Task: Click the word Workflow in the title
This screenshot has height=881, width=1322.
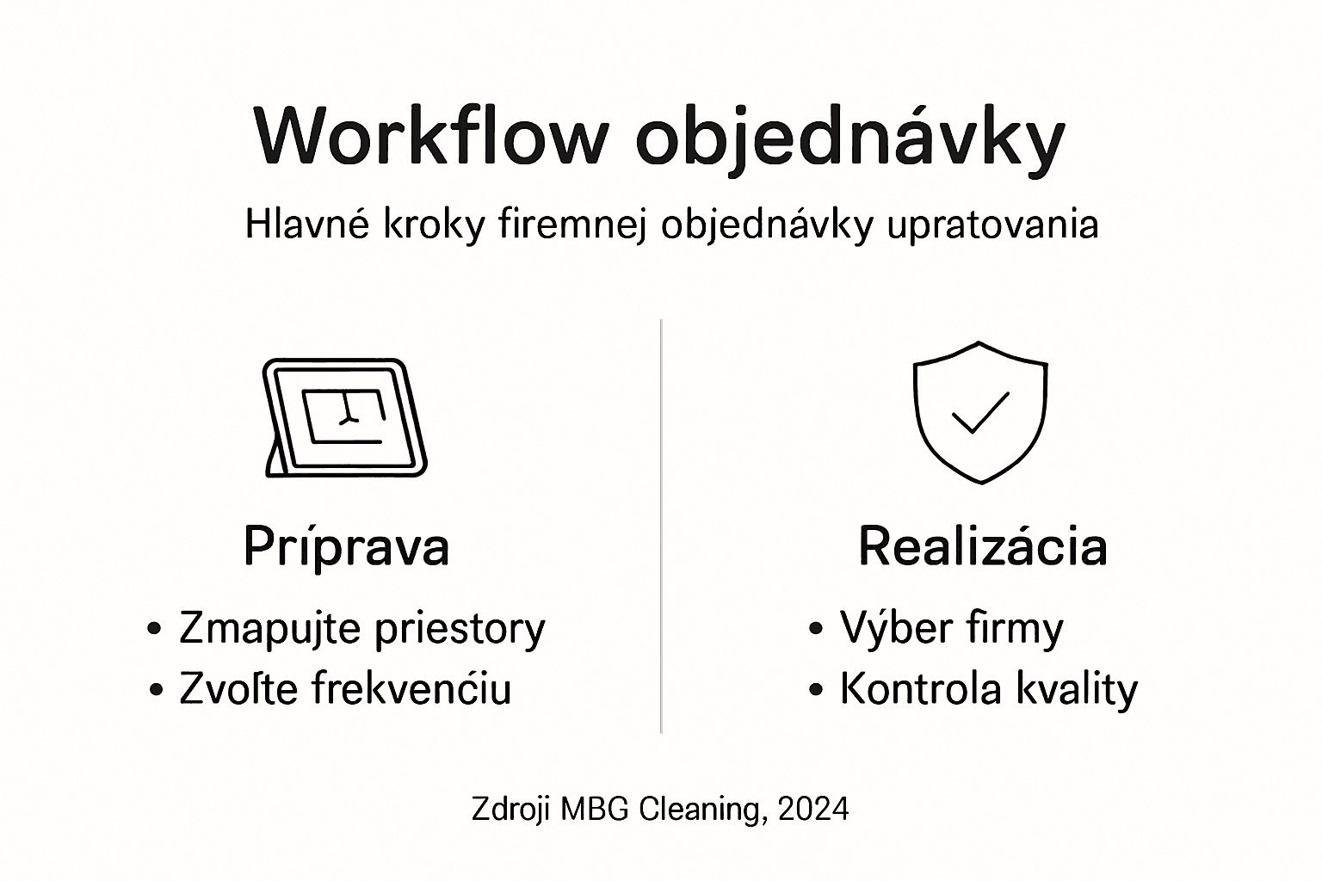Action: point(431,138)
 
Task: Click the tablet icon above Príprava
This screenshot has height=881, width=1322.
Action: point(344,417)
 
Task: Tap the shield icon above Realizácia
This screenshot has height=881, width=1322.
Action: point(980,412)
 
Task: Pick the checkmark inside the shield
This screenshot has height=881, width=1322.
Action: point(980,414)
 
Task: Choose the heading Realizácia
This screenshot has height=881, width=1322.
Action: point(982,546)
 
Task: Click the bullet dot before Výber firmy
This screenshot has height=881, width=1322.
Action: point(817,629)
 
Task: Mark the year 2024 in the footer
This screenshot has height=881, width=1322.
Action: point(813,810)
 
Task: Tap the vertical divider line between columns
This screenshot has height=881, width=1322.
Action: point(661,526)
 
